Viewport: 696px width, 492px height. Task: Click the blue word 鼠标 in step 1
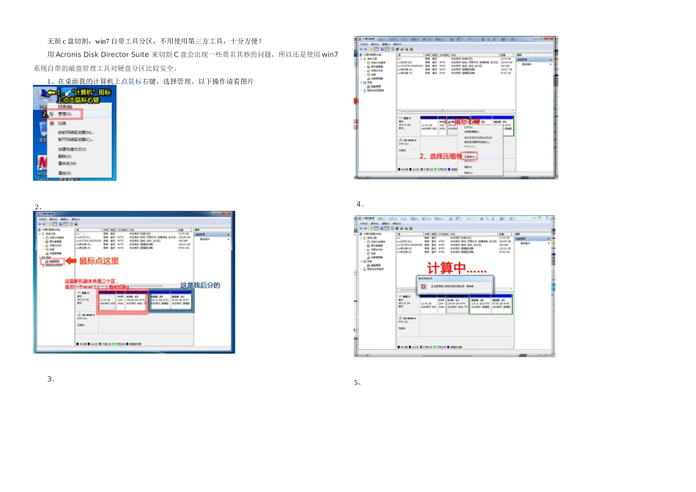pyautogui.click(x=135, y=81)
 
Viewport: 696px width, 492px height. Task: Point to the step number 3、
pyautogui.click(x=51, y=379)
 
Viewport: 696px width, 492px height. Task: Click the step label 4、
pyautogui.click(x=360, y=204)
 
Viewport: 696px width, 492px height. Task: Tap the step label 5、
pyautogui.click(x=358, y=382)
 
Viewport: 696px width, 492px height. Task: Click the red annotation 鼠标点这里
pyautogui.click(x=99, y=261)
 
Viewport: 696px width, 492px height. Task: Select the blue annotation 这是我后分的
pyautogui.click(x=200, y=286)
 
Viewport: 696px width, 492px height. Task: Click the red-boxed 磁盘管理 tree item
pyautogui.click(x=53, y=261)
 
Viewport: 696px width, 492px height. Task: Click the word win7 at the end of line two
pyautogui.click(x=330, y=55)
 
